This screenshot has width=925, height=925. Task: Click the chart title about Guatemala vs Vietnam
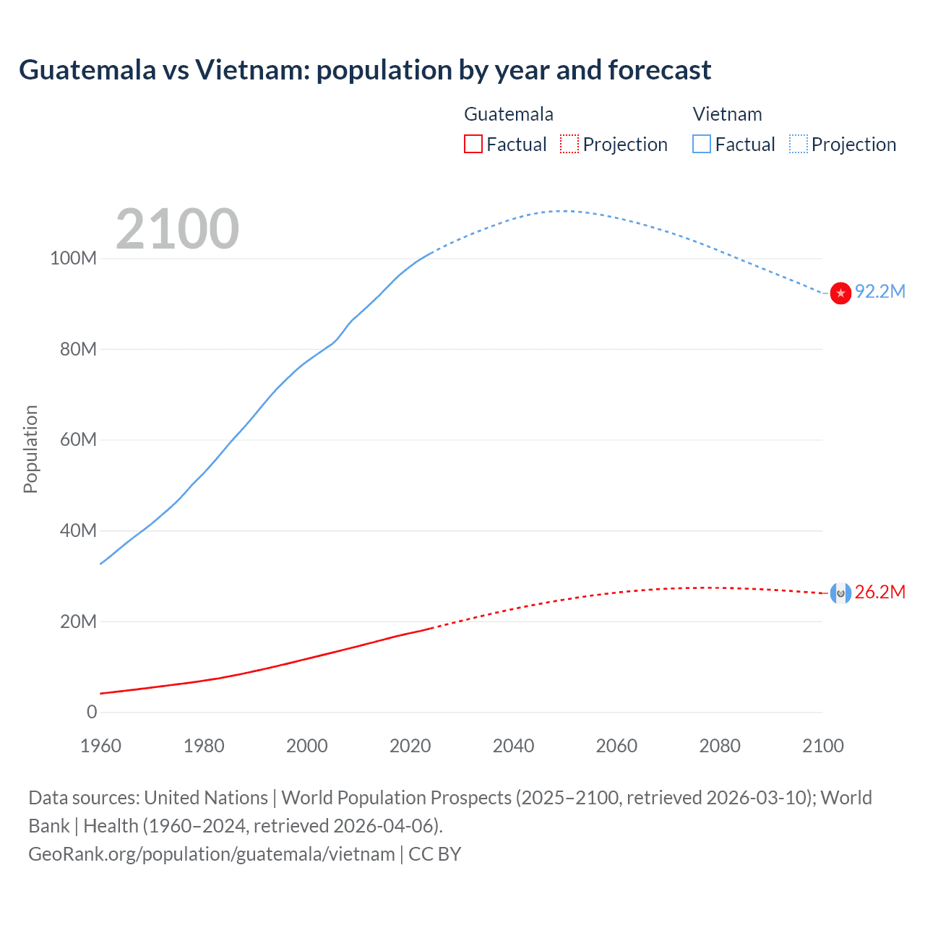(365, 70)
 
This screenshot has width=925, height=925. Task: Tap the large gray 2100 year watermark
(177, 229)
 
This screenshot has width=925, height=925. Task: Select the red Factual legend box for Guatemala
(473, 144)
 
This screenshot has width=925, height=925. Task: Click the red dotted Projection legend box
(569, 144)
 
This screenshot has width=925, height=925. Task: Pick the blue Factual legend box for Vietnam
(702, 144)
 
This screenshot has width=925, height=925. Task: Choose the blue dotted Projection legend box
(799, 144)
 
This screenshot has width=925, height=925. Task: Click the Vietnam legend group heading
(727, 114)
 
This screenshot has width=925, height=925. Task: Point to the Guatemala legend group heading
(508, 114)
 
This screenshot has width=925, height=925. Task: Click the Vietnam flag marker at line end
(840, 293)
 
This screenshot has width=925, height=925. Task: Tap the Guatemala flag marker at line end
(840, 593)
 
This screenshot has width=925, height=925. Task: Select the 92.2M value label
(879, 291)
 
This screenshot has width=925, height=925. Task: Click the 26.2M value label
(879, 592)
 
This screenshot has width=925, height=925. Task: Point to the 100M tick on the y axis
(73, 259)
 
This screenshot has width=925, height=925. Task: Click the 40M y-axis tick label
(78, 530)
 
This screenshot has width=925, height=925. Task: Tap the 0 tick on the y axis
(92, 712)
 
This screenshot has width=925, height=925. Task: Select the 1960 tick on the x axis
(100, 746)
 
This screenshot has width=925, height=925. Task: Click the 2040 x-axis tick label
(513, 746)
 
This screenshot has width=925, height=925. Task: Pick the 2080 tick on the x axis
(720, 746)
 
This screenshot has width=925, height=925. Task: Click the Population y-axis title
(30, 449)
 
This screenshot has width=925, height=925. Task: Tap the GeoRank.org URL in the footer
(212, 853)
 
